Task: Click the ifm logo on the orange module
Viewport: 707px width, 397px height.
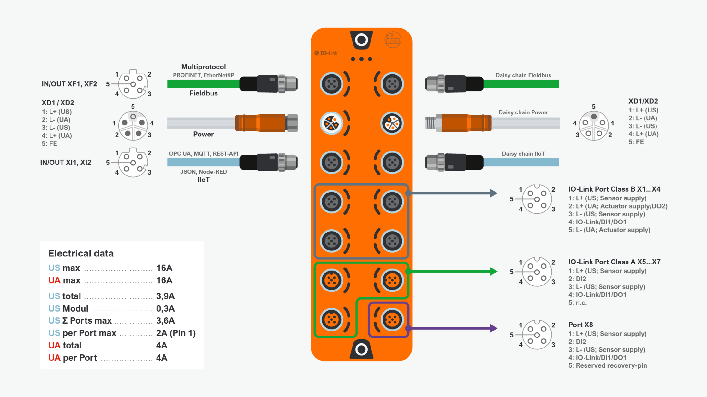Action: coord(393,40)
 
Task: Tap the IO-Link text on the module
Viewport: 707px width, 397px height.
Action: coord(326,53)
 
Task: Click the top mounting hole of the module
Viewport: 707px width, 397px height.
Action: coord(361,40)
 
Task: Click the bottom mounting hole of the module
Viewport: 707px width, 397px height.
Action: coord(361,349)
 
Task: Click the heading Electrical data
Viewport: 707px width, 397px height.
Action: coord(81,253)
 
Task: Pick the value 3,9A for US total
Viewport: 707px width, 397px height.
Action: coord(165,296)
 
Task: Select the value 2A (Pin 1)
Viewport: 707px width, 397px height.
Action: coord(176,333)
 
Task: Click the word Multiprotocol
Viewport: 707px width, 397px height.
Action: coord(204,67)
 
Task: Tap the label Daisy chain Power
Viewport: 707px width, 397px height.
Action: coord(523,112)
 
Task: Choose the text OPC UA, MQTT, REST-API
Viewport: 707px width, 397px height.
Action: coord(204,154)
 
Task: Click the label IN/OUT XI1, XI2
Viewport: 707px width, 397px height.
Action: coord(66,163)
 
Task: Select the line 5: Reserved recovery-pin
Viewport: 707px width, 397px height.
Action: coord(608,366)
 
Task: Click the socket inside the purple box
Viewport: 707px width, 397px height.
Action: coord(392,320)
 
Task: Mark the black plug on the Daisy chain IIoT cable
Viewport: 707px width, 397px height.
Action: coord(454,163)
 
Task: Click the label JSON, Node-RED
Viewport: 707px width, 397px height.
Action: coord(204,172)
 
